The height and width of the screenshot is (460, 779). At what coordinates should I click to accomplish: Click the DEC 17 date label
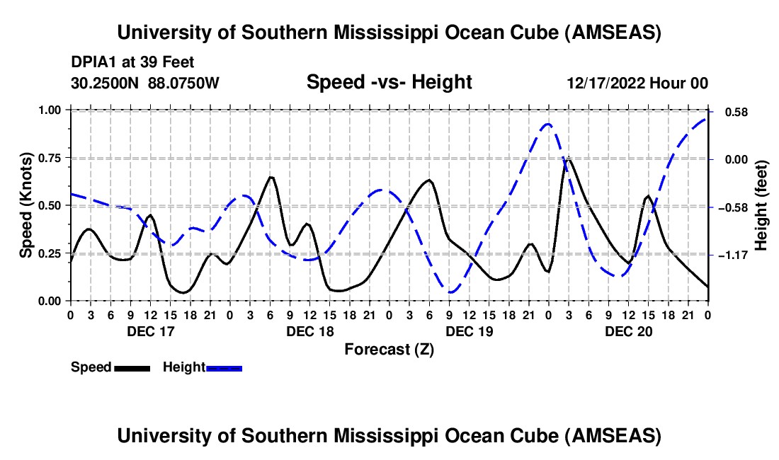tap(150, 330)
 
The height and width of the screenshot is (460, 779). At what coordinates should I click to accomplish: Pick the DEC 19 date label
tap(469, 330)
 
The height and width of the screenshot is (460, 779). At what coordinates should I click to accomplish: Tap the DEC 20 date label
tap(628, 330)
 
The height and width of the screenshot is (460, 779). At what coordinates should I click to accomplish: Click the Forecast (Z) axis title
tap(389, 349)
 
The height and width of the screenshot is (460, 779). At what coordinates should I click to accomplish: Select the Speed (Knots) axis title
tap(25, 205)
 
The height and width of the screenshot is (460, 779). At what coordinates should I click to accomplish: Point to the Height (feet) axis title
tap(761, 205)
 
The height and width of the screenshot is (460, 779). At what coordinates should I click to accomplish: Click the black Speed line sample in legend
tap(132, 367)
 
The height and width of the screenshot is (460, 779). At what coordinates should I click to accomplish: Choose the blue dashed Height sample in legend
tap(224, 367)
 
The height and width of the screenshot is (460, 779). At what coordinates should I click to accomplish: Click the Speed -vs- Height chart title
tap(389, 82)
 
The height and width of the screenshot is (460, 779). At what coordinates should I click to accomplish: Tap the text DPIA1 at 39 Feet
tap(132, 62)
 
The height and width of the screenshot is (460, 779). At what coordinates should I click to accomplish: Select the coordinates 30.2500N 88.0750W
tap(145, 83)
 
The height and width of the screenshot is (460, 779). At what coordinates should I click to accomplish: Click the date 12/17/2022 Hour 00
tap(637, 83)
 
